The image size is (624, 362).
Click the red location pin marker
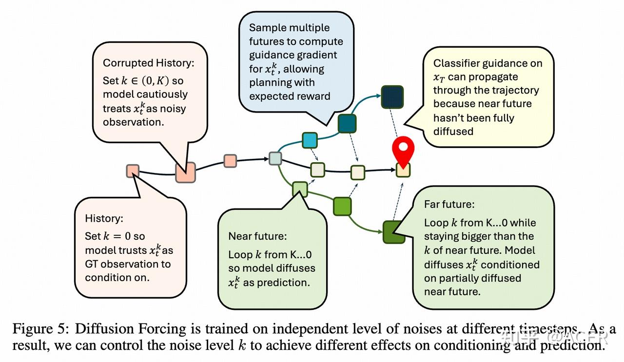click(x=403, y=149)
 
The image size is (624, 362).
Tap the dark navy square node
click(x=391, y=95)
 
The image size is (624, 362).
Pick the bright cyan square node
click(x=310, y=140)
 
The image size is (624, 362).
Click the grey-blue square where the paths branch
click(x=275, y=158)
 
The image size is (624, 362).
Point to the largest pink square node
click(x=185, y=172)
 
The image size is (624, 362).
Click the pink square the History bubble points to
click(x=133, y=171)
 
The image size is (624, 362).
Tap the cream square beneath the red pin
click(x=403, y=170)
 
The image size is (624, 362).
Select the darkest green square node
click(x=394, y=232)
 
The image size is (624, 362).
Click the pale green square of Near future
click(x=300, y=189)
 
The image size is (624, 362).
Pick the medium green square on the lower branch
click(x=342, y=206)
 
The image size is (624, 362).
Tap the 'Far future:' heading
click(x=449, y=204)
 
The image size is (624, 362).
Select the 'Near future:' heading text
click(x=258, y=236)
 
